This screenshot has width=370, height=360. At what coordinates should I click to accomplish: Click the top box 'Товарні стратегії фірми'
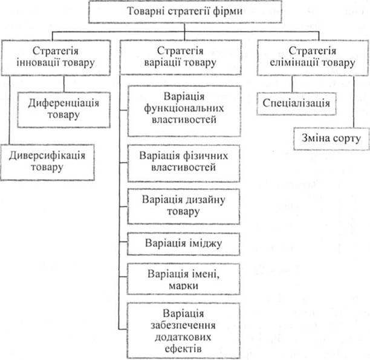[x=185, y=11]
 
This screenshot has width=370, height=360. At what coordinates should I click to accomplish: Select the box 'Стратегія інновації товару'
[x=56, y=57]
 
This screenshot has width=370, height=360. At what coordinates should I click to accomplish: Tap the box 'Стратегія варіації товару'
[x=181, y=57]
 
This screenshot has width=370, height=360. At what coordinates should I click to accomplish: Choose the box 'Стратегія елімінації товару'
[x=313, y=57]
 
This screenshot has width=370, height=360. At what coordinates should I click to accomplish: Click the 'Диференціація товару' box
[x=63, y=110]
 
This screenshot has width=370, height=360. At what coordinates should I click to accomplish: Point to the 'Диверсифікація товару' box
[x=47, y=163]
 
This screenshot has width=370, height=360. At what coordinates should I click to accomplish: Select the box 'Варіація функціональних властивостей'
[x=184, y=111]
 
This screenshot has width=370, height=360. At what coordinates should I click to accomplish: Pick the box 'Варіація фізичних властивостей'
[x=184, y=163]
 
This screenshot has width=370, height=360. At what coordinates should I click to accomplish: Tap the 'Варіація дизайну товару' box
[x=183, y=206]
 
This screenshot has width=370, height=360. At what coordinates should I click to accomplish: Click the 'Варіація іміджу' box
[x=183, y=244]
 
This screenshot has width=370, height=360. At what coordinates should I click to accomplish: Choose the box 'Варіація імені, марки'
[x=183, y=279]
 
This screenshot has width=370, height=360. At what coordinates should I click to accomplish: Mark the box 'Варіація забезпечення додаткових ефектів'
[x=183, y=331]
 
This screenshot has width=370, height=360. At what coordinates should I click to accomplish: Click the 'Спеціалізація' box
[x=296, y=103]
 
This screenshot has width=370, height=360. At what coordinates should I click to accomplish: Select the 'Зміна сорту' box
[x=331, y=139]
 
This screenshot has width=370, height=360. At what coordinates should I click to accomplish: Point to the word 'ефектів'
[x=183, y=349]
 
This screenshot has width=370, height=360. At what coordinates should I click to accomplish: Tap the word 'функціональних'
[x=184, y=108]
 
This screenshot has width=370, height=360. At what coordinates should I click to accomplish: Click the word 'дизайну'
[x=206, y=200]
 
